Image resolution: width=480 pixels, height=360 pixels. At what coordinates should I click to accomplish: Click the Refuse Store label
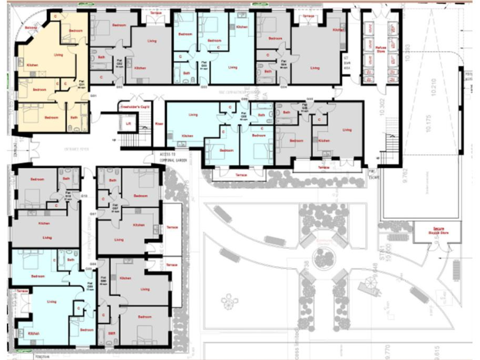coord(381,48)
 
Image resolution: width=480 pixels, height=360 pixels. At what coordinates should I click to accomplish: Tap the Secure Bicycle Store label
coord(437,230)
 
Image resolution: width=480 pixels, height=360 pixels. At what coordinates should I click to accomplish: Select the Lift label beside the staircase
coord(127,124)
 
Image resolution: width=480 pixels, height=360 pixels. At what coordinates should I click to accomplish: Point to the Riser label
coord(158,124)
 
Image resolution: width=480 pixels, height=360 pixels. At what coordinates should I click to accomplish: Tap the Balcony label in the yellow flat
coord(31,28)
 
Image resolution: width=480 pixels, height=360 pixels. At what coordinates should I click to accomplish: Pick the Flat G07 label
coord(115,206)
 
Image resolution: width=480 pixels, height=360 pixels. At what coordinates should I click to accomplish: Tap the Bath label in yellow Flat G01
coord(74,117)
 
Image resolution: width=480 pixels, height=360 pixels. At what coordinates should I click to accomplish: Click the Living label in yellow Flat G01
coord(58,55)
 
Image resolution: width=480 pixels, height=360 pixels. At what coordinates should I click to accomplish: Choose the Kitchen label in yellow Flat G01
coord(33,63)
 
